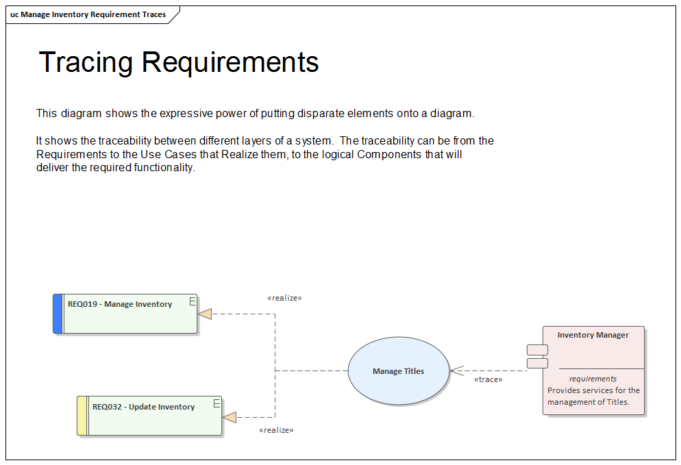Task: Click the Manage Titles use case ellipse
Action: coord(399,371)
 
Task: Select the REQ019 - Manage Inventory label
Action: coord(120,304)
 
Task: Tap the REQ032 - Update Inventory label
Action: coord(143,407)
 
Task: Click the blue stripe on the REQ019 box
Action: coord(58,314)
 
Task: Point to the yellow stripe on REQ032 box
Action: coord(82,416)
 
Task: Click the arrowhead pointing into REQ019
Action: coord(205,314)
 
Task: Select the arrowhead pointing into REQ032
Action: coord(230,417)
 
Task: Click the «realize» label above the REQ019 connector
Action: coord(284,298)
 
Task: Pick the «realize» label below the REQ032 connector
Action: coord(276,430)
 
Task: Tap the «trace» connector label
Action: coord(488,379)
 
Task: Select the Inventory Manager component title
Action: coord(593,335)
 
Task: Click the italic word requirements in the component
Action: coord(593,379)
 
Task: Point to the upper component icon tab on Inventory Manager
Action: coord(537,350)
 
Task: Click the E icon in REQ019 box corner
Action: coord(193,301)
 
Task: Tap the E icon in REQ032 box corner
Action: coord(216,403)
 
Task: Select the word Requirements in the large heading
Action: coord(230,62)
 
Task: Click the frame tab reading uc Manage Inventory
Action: coord(88,14)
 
